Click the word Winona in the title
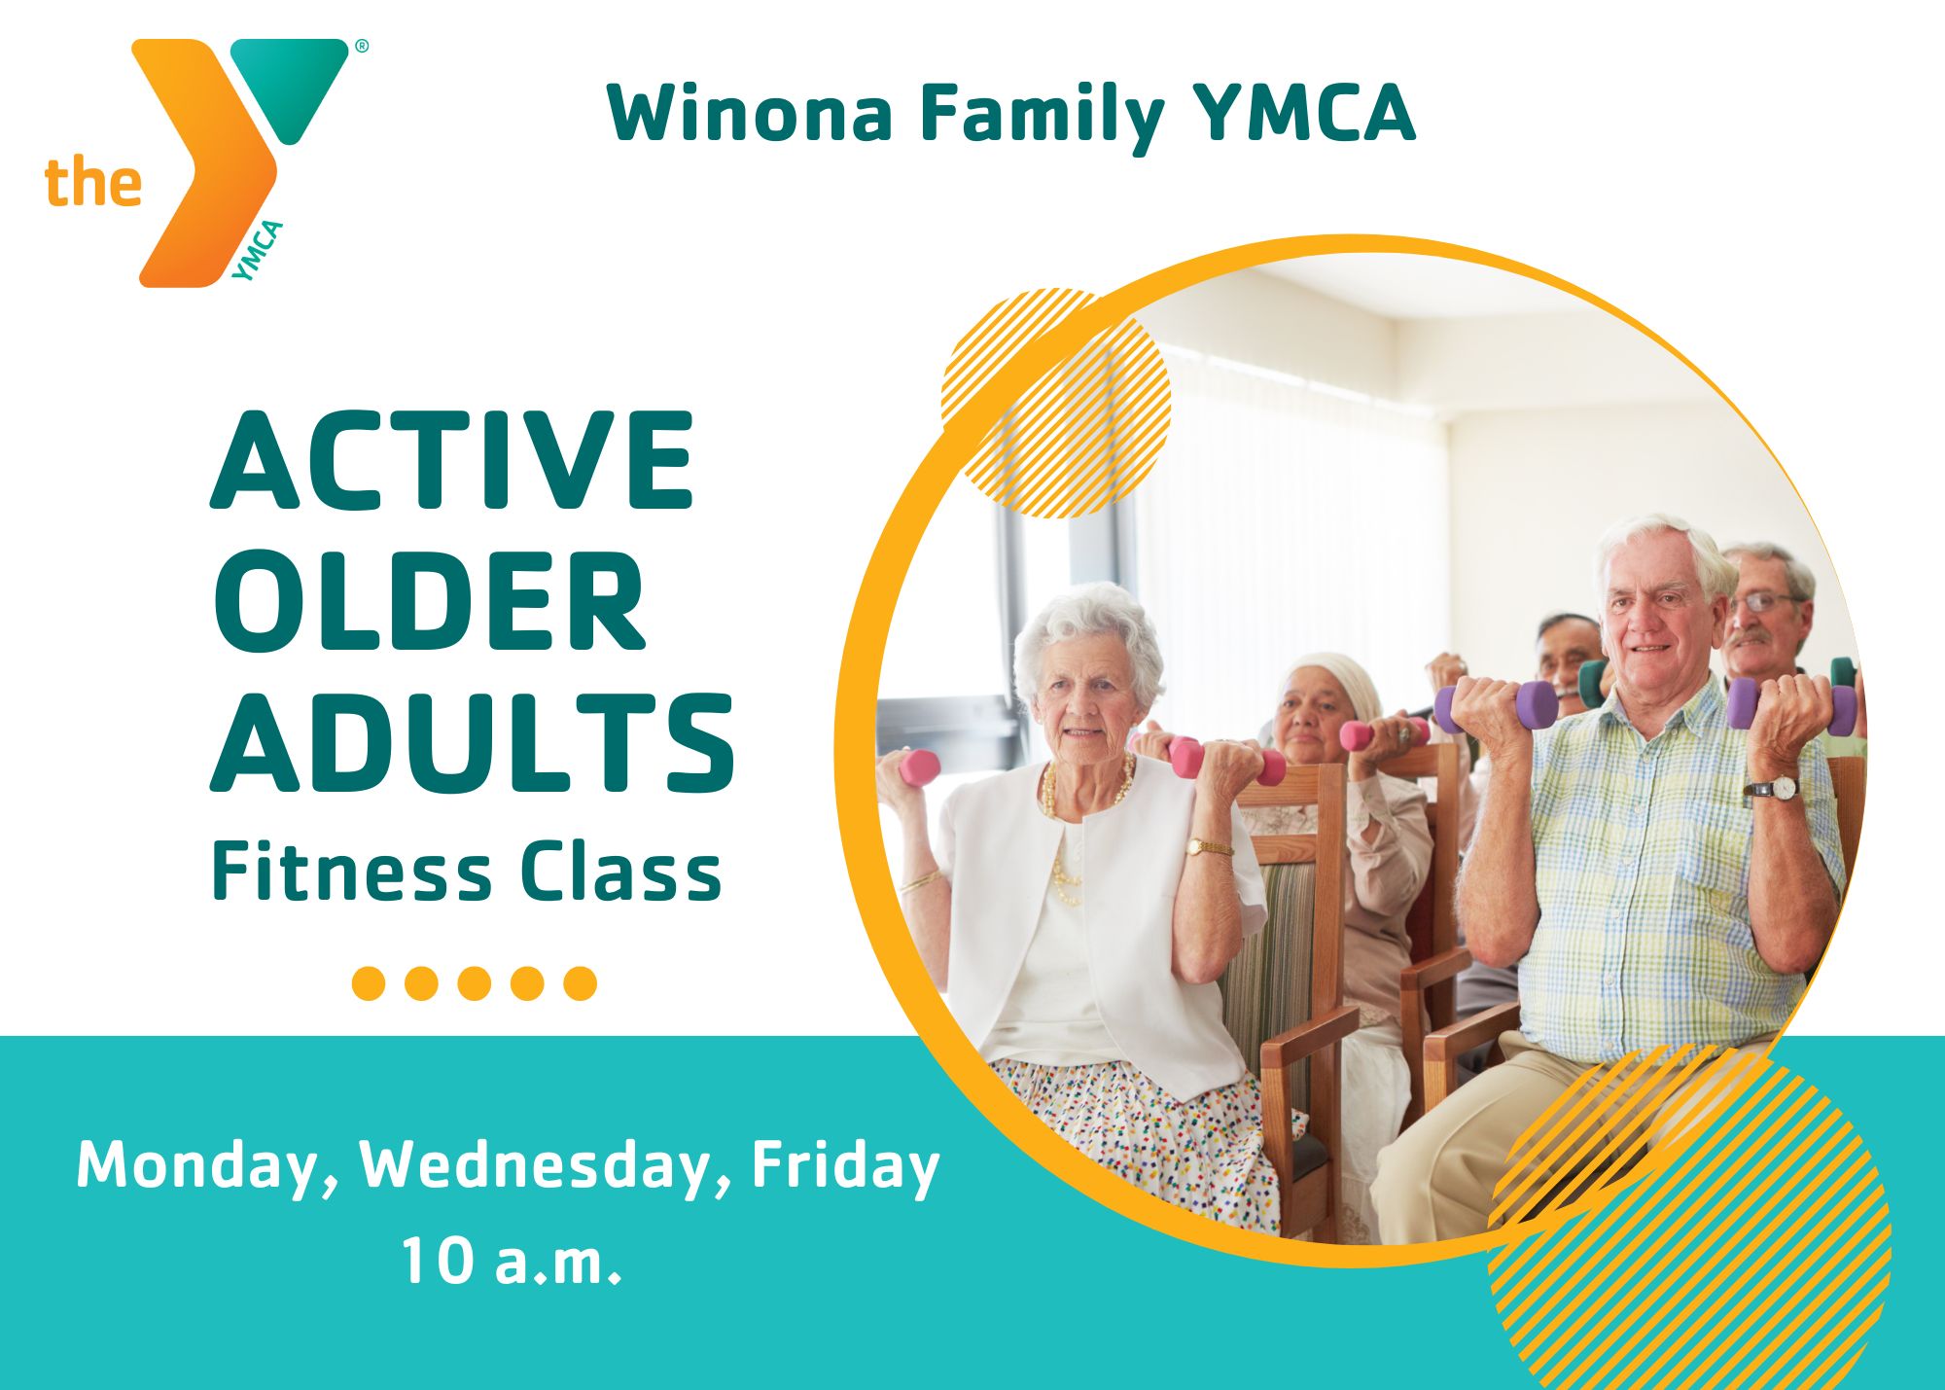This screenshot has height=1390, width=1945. click(x=750, y=113)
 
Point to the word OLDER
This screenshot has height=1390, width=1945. click(x=429, y=600)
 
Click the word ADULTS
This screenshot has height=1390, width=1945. click(x=474, y=743)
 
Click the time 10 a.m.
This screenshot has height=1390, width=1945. click(x=511, y=1261)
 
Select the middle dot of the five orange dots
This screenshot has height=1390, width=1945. click(x=474, y=982)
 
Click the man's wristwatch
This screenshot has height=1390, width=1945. click(x=1774, y=788)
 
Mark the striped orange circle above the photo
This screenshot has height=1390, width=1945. click(x=1055, y=403)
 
